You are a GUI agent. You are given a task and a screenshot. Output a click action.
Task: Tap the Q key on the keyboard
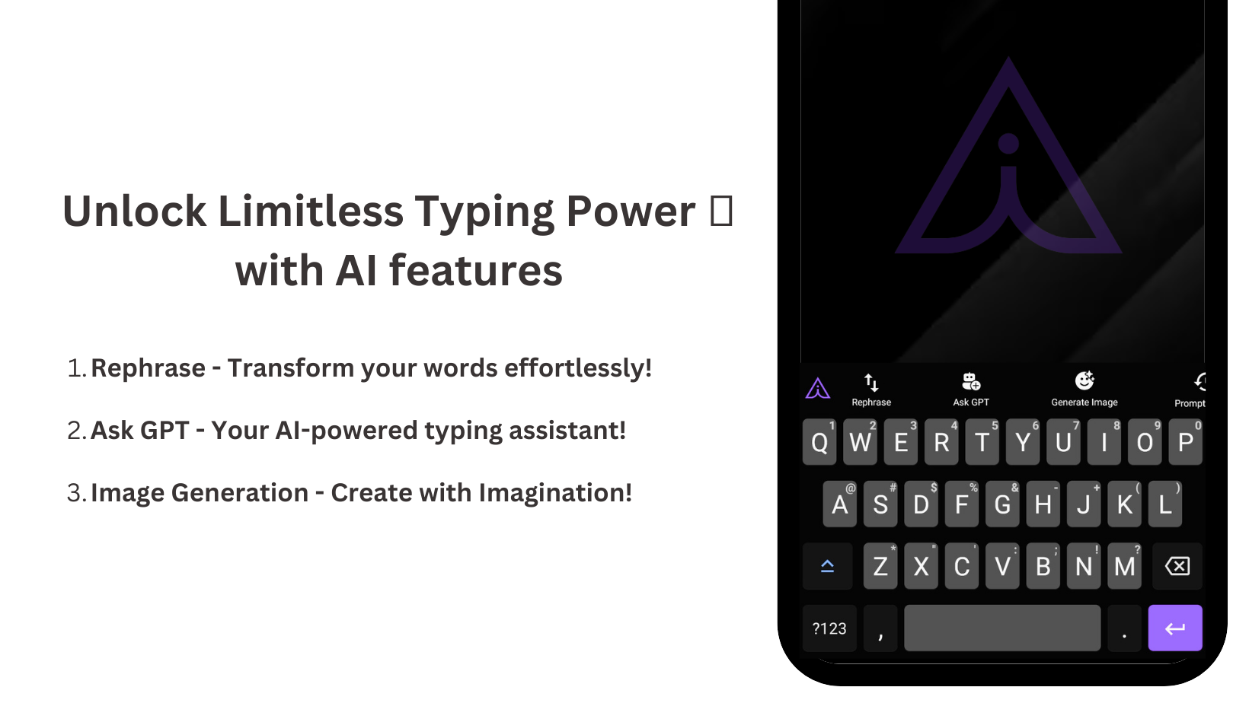tap(819, 442)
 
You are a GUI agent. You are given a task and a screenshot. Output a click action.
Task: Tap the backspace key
tap(1177, 566)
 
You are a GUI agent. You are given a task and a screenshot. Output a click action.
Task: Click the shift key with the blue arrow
tap(827, 566)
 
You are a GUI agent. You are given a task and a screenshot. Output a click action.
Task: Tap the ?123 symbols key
tap(829, 628)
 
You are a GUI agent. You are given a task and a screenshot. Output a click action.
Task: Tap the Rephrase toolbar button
tap(871, 390)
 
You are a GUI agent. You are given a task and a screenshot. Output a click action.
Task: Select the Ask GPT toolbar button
tap(971, 390)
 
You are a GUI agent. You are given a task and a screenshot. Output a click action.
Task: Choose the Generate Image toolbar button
tap(1084, 390)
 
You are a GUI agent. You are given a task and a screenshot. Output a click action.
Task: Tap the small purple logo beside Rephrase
tap(818, 388)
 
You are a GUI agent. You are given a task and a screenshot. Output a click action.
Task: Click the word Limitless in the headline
tap(311, 212)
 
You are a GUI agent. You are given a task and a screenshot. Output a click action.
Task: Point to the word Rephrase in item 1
tap(149, 368)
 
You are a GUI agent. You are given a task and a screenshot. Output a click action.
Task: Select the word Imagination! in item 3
tap(555, 493)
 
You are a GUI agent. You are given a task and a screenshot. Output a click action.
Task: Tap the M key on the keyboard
tap(1124, 566)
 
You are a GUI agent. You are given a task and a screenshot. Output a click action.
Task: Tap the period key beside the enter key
tap(1124, 628)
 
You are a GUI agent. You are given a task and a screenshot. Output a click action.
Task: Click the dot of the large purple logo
tap(1008, 143)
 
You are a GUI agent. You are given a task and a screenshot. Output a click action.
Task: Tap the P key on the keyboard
tap(1186, 442)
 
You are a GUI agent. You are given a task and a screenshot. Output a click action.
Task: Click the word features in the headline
tap(476, 271)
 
